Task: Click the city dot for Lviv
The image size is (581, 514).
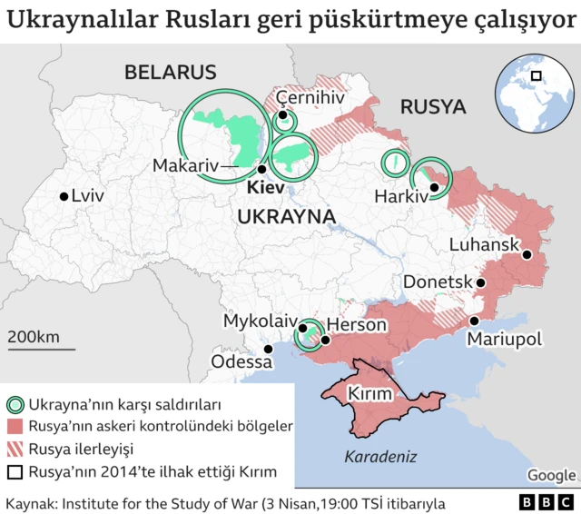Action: point(64,196)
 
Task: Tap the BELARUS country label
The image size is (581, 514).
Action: point(171,73)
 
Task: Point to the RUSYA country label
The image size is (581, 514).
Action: point(433,107)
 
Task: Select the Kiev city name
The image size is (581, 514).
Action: point(266,188)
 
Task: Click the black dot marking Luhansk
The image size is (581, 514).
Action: point(527,255)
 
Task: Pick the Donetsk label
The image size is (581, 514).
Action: point(438,282)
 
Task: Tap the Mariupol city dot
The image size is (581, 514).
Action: point(474,321)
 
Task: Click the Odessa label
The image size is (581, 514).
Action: point(241,362)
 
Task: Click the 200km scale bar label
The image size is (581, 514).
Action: point(34,338)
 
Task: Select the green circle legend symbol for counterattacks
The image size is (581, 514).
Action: point(15,404)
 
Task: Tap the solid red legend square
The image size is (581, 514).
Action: point(15,427)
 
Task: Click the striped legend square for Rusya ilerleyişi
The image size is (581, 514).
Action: point(15,450)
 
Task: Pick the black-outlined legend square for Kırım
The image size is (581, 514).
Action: point(15,472)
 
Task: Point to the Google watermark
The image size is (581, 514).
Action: point(551,476)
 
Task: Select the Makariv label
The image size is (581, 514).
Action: point(186,166)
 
